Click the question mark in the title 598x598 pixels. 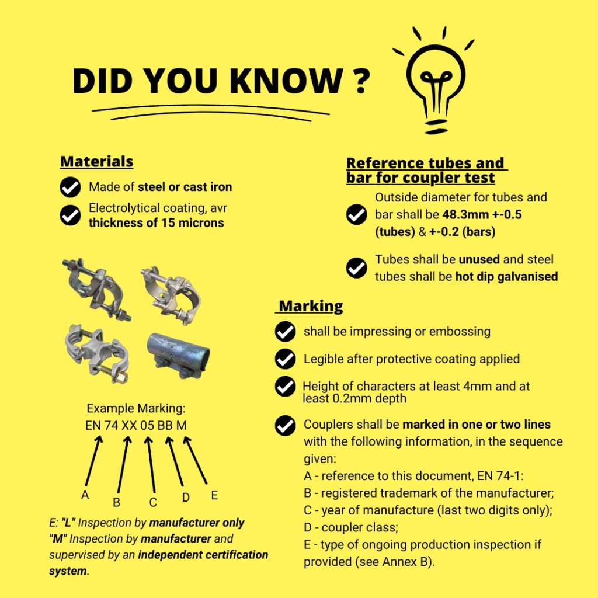[360, 81]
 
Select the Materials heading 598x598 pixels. [96, 161]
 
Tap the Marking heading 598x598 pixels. [311, 306]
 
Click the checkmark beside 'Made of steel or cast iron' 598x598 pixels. [70, 187]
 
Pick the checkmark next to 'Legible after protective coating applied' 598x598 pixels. [285, 359]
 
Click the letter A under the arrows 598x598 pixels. [85, 495]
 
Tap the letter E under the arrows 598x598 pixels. [214, 495]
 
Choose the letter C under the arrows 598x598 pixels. [153, 503]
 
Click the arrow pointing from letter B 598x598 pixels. [124, 464]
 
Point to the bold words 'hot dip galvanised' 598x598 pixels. [506, 276]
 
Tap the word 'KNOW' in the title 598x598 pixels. [286, 81]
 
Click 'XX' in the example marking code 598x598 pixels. [129, 425]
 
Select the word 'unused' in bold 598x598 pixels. [479, 259]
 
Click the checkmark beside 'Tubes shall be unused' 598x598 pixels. [357, 267]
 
